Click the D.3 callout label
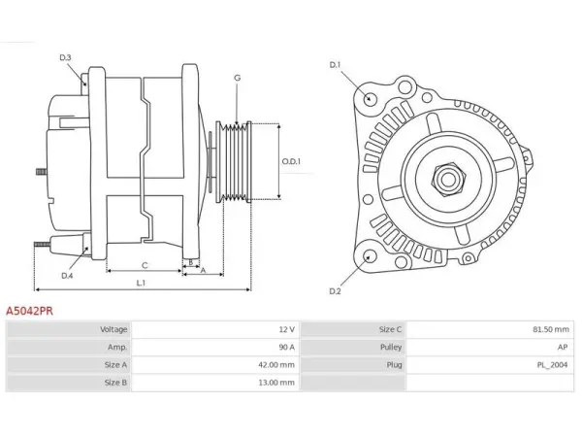65,57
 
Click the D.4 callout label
67,276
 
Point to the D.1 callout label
335,65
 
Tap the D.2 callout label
335,291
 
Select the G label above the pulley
238,78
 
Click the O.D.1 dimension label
291,161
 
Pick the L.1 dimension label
141,284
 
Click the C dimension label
145,265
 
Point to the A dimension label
203,271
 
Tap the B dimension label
191,262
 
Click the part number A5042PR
29,311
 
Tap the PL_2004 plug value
552,365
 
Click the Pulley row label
391,347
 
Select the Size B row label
115,383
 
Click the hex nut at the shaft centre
448,180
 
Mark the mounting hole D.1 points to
370,98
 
